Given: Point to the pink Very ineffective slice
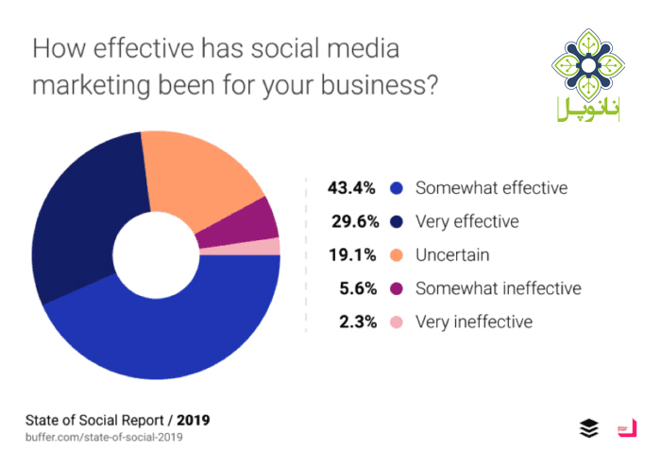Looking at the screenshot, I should (268, 247).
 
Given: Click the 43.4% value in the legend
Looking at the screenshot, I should (347, 187).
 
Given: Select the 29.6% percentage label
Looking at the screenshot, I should (347, 221).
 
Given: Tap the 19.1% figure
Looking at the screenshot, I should (347, 254).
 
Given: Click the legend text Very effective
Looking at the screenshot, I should (467, 221).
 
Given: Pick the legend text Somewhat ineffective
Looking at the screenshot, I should (499, 287).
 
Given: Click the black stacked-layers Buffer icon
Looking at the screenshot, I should (588, 427).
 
